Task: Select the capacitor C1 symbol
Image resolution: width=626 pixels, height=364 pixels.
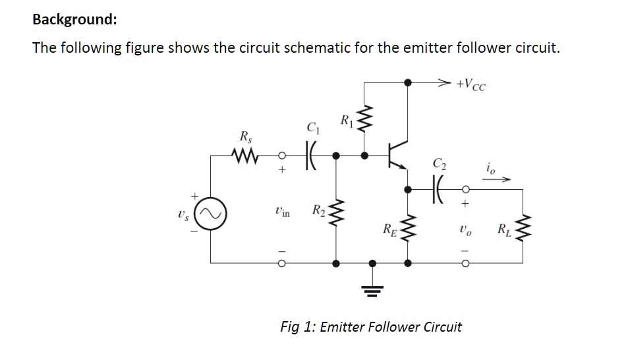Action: point(310,157)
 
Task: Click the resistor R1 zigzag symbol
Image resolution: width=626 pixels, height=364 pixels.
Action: point(368,121)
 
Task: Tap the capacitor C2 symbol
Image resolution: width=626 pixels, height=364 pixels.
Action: point(437,188)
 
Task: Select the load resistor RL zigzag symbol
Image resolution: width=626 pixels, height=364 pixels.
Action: point(525,228)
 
